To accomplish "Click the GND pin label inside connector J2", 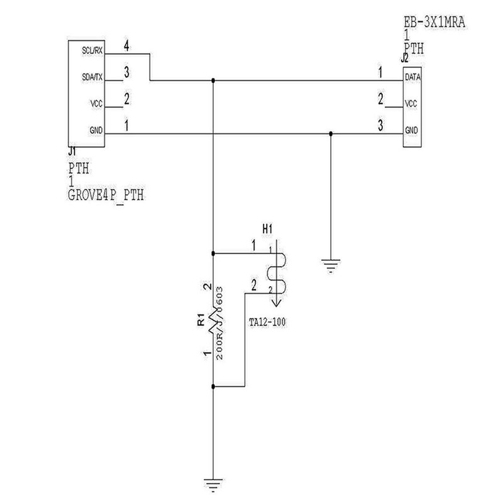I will [x=412, y=131].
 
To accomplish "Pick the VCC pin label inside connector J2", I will [x=412, y=104].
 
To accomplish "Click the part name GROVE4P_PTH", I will [x=106, y=195].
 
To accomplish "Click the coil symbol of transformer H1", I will [x=275, y=272].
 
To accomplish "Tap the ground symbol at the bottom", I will [x=214, y=484].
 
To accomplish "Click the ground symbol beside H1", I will [x=331, y=265].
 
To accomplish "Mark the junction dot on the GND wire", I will [x=331, y=133].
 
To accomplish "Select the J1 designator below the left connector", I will [x=72, y=152].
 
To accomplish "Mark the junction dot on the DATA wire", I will [x=214, y=80].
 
